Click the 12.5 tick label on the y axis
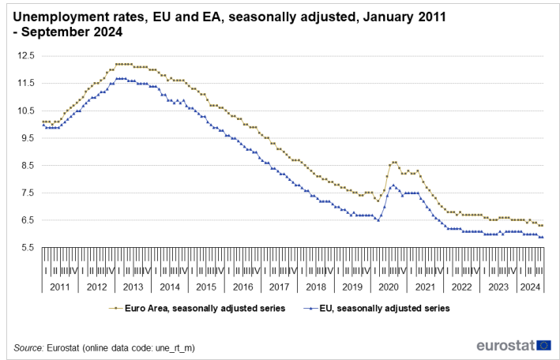click(x=28, y=55)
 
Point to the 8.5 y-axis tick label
click(x=29, y=165)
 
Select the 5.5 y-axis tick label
click(x=29, y=248)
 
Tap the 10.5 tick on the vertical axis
click(x=28, y=111)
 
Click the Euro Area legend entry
click(x=197, y=309)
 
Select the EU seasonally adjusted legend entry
click(x=379, y=309)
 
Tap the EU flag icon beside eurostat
click(x=543, y=345)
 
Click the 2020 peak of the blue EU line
click(x=393, y=185)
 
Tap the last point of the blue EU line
click(x=542, y=237)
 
